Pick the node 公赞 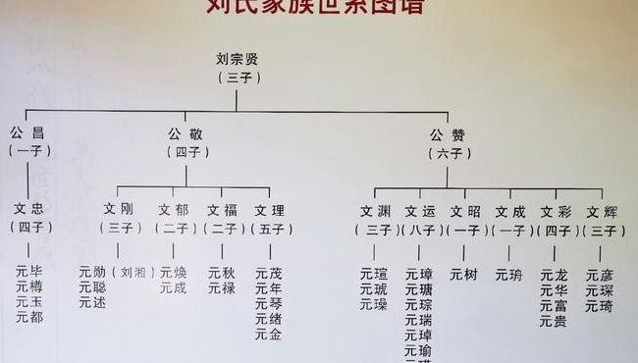click(x=448, y=133)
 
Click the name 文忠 click(x=29, y=209)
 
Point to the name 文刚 click(x=119, y=210)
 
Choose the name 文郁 click(x=174, y=210)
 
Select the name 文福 click(x=222, y=210)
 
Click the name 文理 click(x=269, y=210)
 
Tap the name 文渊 click(x=374, y=211)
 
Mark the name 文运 click(x=420, y=211)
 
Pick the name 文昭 click(x=464, y=211)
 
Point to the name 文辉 click(x=601, y=211)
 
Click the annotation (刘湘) click(x=132, y=272)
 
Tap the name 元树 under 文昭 click(x=464, y=275)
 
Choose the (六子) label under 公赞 click(x=448, y=153)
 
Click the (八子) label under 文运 click(x=420, y=230)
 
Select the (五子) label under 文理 click(x=269, y=229)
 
